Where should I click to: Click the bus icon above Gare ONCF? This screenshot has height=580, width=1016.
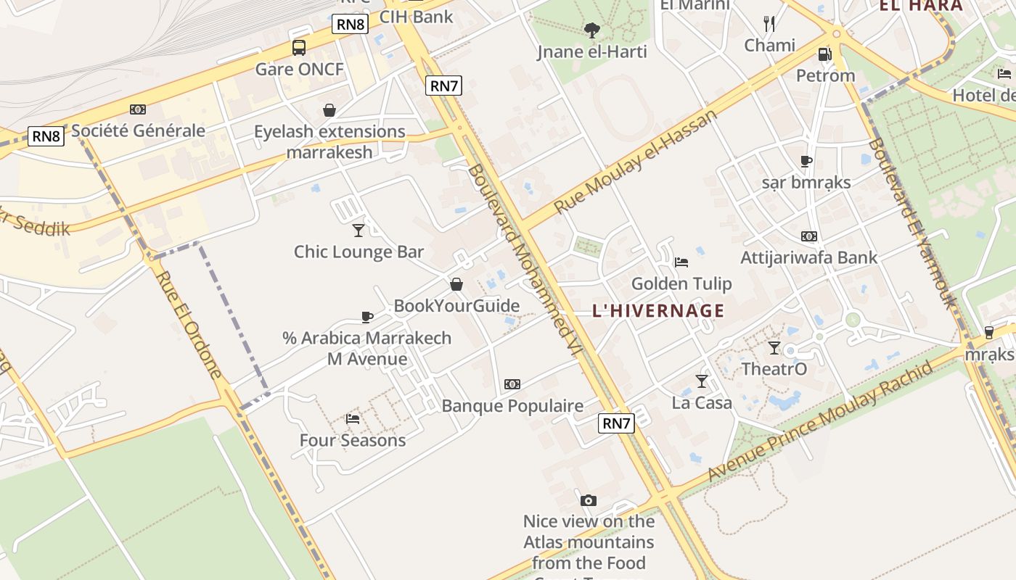[298, 48]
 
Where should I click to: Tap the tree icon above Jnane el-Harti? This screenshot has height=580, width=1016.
[592, 30]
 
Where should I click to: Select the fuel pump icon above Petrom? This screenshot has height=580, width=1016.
[824, 54]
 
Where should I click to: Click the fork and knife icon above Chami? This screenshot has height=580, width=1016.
[769, 24]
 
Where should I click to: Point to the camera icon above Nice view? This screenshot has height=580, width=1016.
[589, 500]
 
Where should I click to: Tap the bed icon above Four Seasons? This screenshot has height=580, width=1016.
[353, 418]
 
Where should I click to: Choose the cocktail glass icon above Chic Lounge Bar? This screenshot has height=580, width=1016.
[359, 231]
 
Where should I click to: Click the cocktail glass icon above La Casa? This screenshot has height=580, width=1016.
[702, 381]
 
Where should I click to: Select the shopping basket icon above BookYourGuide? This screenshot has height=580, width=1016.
[456, 284]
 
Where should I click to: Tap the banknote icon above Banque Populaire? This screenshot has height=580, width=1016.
[512, 384]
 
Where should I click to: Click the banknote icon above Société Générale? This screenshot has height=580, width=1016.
[138, 109]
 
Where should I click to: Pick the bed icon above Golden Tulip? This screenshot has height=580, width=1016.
[681, 262]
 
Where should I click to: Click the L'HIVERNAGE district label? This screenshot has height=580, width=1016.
[658, 311]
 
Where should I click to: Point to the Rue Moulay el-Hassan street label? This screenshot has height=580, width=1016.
[636, 161]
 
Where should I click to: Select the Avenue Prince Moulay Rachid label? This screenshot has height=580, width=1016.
[820, 420]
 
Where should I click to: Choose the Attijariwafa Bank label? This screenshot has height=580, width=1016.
[808, 257]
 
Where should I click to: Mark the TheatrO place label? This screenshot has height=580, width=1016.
[774, 369]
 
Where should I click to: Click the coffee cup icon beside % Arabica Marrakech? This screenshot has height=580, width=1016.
[367, 317]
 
